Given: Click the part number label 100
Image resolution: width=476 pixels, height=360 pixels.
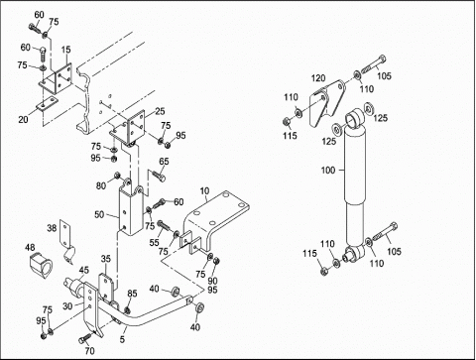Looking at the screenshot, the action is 328,171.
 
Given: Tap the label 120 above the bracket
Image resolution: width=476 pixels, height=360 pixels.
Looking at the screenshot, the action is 318,78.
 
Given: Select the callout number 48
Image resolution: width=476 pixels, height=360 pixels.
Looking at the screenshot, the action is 30,248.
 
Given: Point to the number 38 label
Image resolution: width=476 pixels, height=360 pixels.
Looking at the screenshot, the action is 52,228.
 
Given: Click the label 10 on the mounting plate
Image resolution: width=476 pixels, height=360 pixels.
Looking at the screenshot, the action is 204,191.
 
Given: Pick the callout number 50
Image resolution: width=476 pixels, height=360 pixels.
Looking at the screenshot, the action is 99,214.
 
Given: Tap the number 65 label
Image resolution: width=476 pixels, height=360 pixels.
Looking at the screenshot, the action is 164,162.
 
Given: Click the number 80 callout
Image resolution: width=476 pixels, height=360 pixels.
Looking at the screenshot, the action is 101,185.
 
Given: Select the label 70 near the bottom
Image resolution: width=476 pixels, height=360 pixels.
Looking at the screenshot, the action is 89,350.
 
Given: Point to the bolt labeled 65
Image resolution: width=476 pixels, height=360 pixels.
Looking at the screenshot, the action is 159,175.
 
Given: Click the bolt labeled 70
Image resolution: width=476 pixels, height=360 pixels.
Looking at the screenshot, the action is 84,338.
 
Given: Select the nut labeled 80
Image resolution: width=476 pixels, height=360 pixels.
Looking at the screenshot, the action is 117,175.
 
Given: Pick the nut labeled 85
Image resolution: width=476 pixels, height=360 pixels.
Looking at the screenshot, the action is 127,310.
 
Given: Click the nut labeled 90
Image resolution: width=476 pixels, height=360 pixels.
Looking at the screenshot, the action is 217,261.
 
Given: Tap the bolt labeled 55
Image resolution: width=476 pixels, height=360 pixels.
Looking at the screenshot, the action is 164,226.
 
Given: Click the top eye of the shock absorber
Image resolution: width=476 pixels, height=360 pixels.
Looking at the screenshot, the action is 355,117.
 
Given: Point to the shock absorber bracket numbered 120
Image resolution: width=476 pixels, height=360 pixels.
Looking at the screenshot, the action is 326,102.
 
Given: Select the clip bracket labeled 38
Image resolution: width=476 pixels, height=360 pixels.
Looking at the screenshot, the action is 67,242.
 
